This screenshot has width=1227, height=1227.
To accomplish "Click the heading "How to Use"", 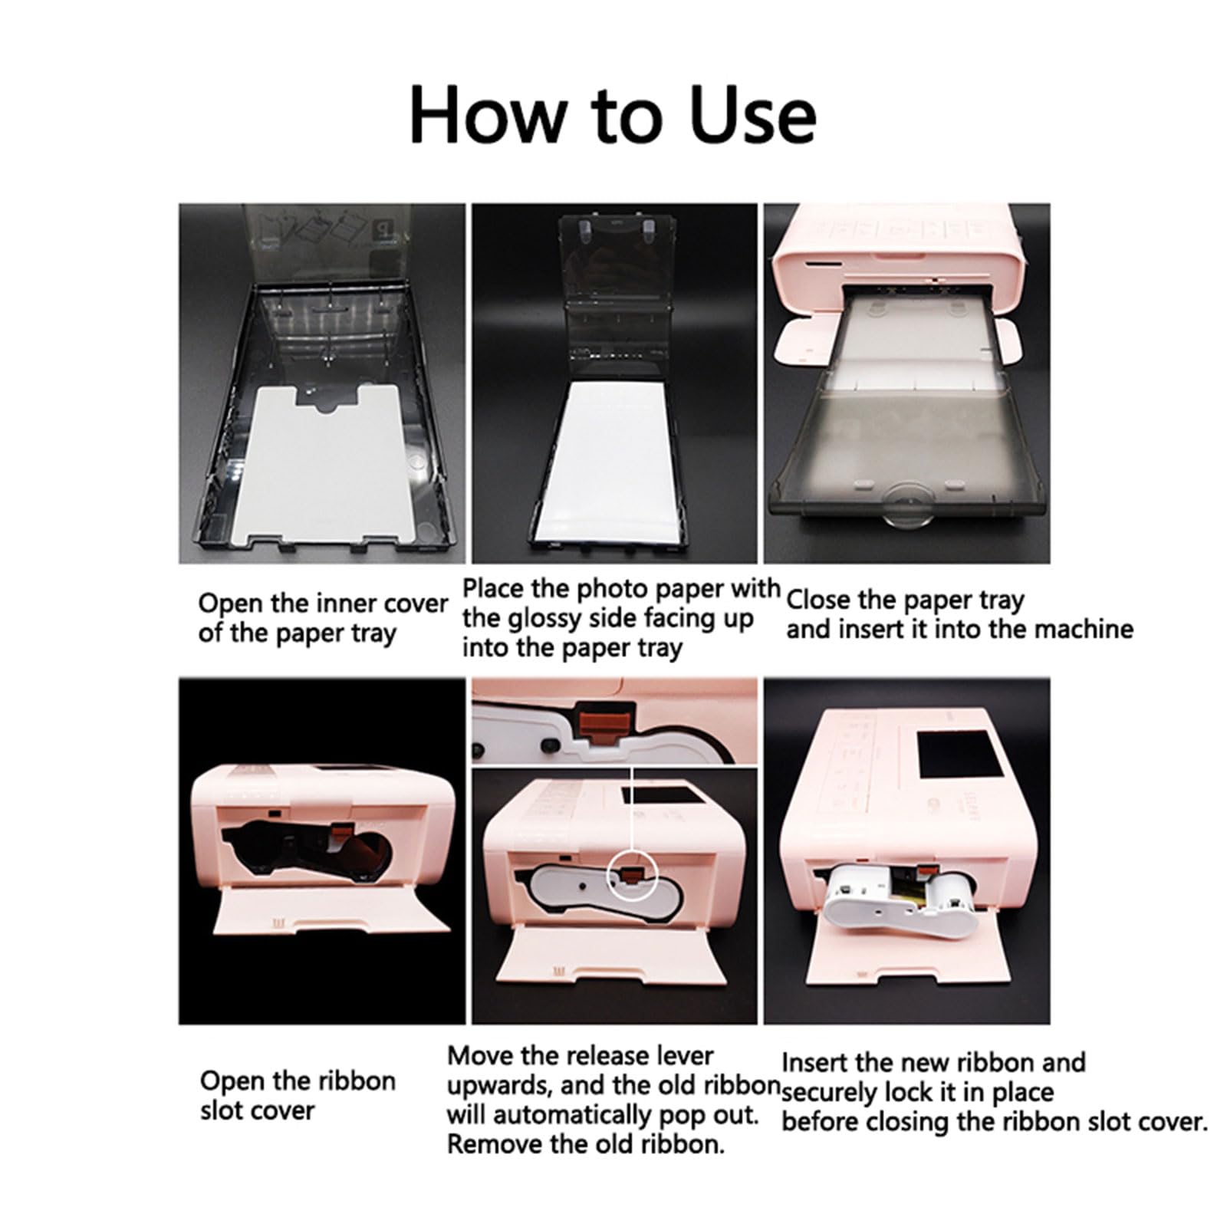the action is [613, 114].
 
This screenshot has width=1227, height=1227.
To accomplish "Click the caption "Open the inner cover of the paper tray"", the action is [323, 618].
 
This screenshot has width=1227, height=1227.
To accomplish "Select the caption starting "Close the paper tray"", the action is [959, 614].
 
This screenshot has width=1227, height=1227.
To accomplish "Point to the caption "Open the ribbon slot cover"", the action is [298, 1095].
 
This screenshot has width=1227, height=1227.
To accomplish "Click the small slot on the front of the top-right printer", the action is [819, 267].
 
